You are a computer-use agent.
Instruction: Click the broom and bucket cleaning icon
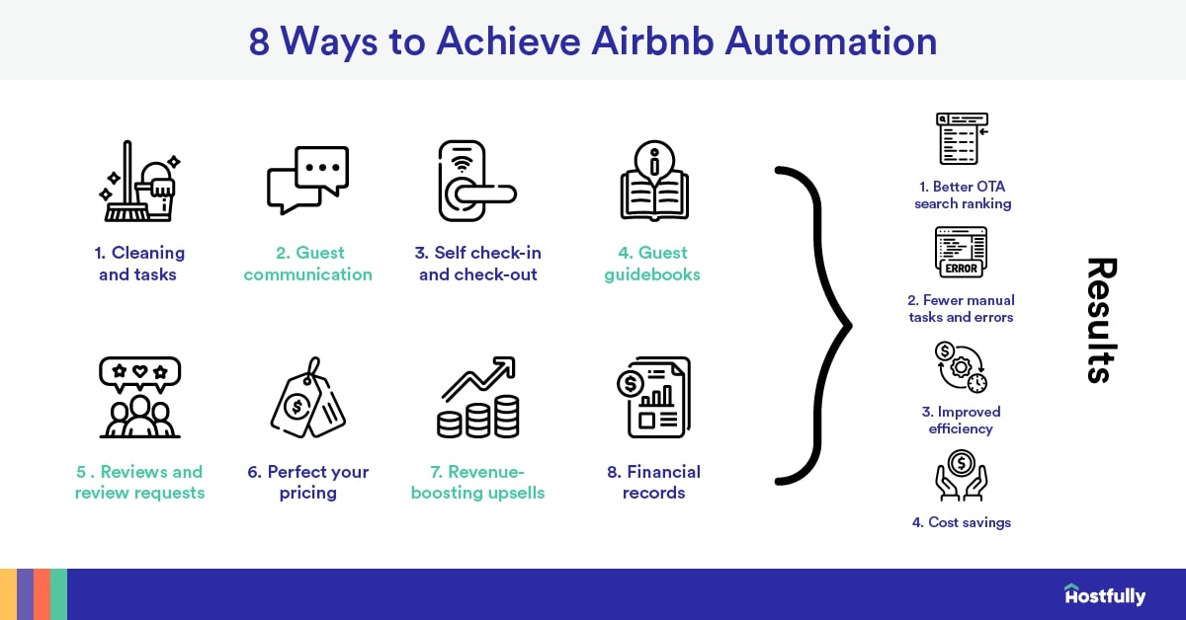coord(137,183)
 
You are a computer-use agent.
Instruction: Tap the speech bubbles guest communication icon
coord(307,181)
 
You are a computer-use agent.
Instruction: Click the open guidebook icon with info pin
coord(653,181)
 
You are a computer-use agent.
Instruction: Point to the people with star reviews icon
coord(139,397)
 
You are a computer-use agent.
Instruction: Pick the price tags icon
coord(307,397)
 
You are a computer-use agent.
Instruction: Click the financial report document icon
coord(653,397)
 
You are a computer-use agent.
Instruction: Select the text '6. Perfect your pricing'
coord(307,482)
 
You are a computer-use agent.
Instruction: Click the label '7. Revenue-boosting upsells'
coord(477,482)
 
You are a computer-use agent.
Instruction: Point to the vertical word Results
coord(1100,320)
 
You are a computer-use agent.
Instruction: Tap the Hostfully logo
coord(1104,595)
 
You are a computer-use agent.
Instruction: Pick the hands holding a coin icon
coord(962,476)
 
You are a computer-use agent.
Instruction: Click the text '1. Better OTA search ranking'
coord(962,194)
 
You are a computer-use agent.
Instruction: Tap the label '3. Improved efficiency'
coord(962,420)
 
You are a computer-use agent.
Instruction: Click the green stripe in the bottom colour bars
coord(58,594)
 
